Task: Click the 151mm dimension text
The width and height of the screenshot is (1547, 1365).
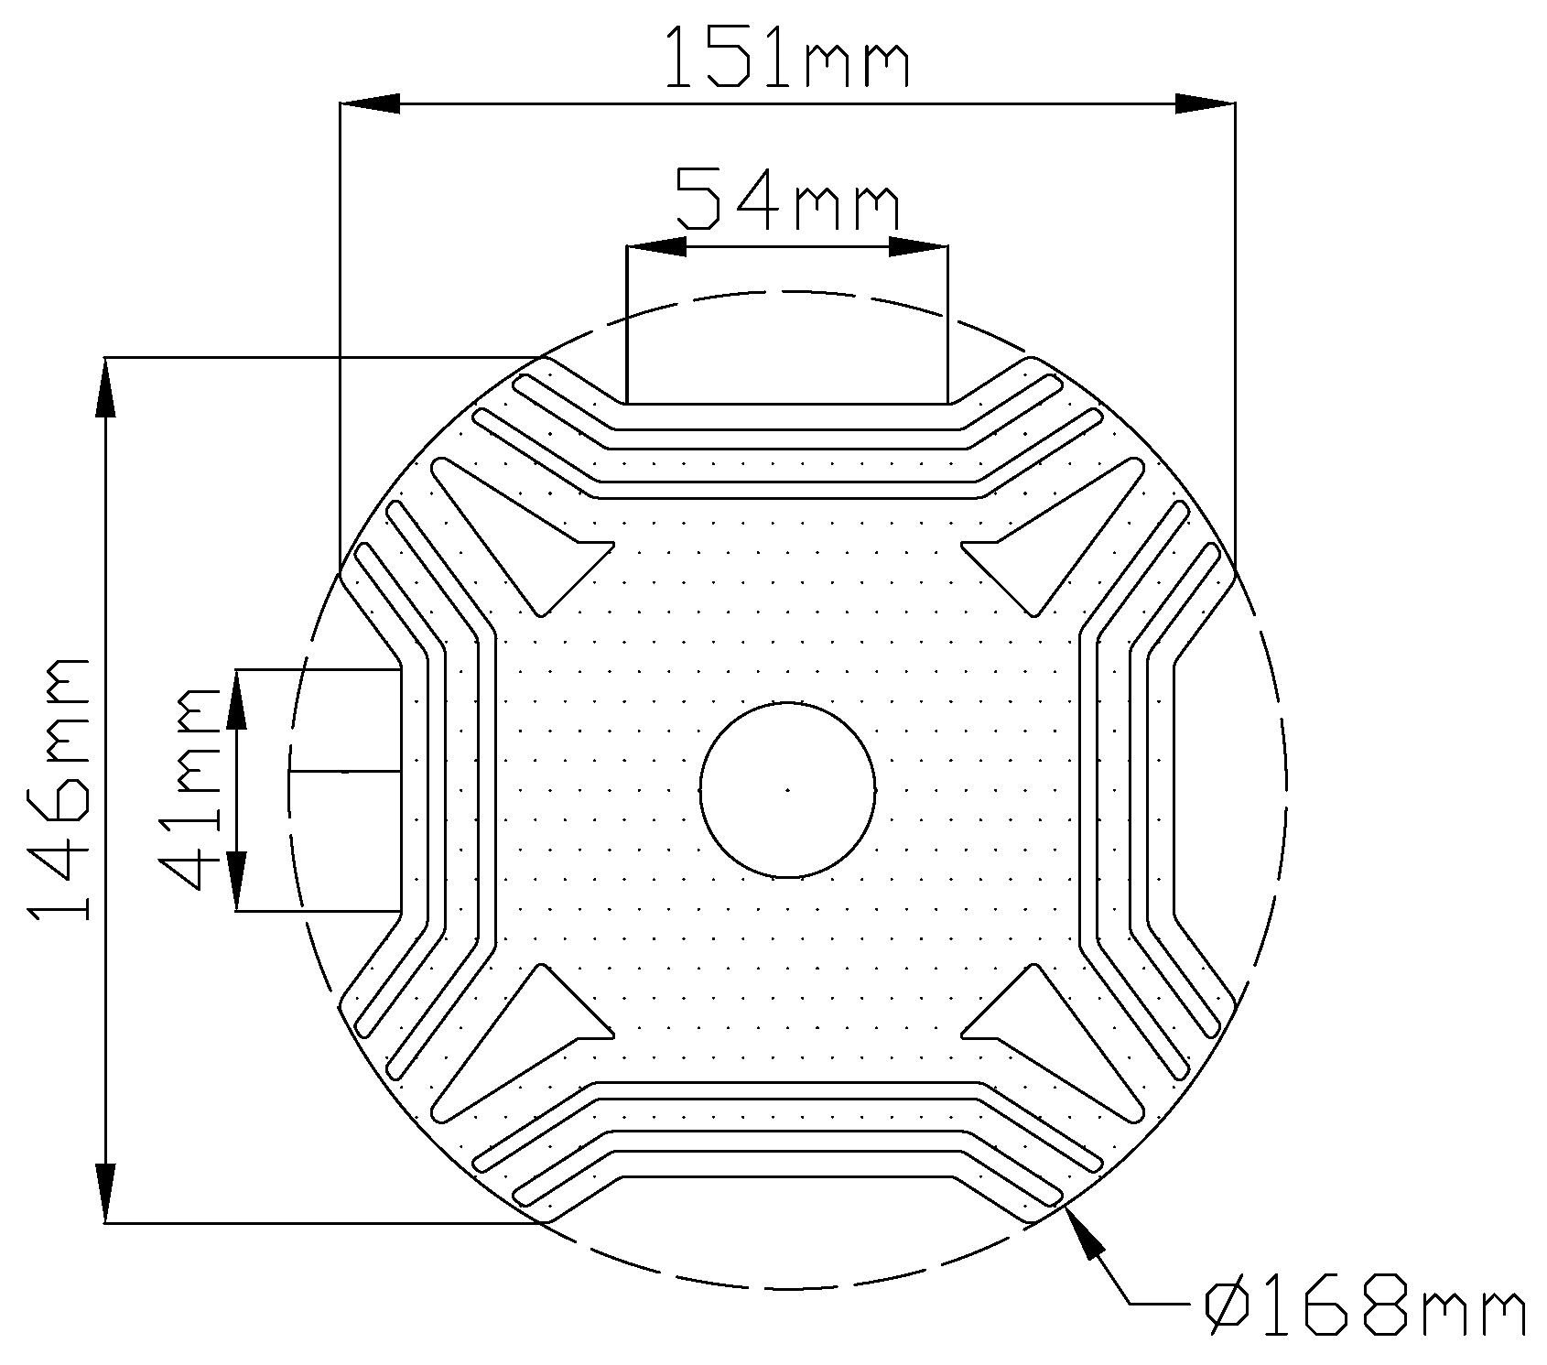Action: [x=786, y=57]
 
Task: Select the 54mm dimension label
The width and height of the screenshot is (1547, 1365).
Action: [x=786, y=197]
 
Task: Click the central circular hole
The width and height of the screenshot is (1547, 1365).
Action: [x=787, y=789]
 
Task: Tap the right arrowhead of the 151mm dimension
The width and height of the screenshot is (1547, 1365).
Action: [x=1205, y=103]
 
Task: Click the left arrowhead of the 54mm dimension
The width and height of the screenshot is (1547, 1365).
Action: [x=655, y=246]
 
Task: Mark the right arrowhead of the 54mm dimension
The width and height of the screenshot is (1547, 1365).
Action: [x=918, y=246]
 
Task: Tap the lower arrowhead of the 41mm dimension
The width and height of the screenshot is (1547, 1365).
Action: [x=236, y=882]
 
